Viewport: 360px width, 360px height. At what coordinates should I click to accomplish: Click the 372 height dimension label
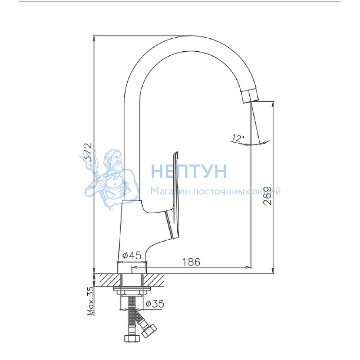click(x=88, y=152)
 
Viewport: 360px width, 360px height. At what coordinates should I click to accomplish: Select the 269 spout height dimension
click(x=267, y=196)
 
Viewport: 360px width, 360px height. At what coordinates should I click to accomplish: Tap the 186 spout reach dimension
click(x=191, y=262)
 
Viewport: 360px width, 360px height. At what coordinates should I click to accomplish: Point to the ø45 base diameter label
click(x=132, y=255)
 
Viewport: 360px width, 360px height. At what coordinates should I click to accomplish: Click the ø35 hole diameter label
click(x=155, y=304)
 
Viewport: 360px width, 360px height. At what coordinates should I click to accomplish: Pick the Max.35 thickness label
click(x=91, y=301)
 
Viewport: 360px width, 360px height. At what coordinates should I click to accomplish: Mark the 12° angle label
click(x=238, y=138)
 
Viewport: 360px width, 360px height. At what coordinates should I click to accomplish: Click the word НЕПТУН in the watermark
click(x=189, y=171)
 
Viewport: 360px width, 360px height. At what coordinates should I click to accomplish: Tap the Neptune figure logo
click(x=109, y=179)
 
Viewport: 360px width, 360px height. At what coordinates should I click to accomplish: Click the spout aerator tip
click(x=250, y=95)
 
